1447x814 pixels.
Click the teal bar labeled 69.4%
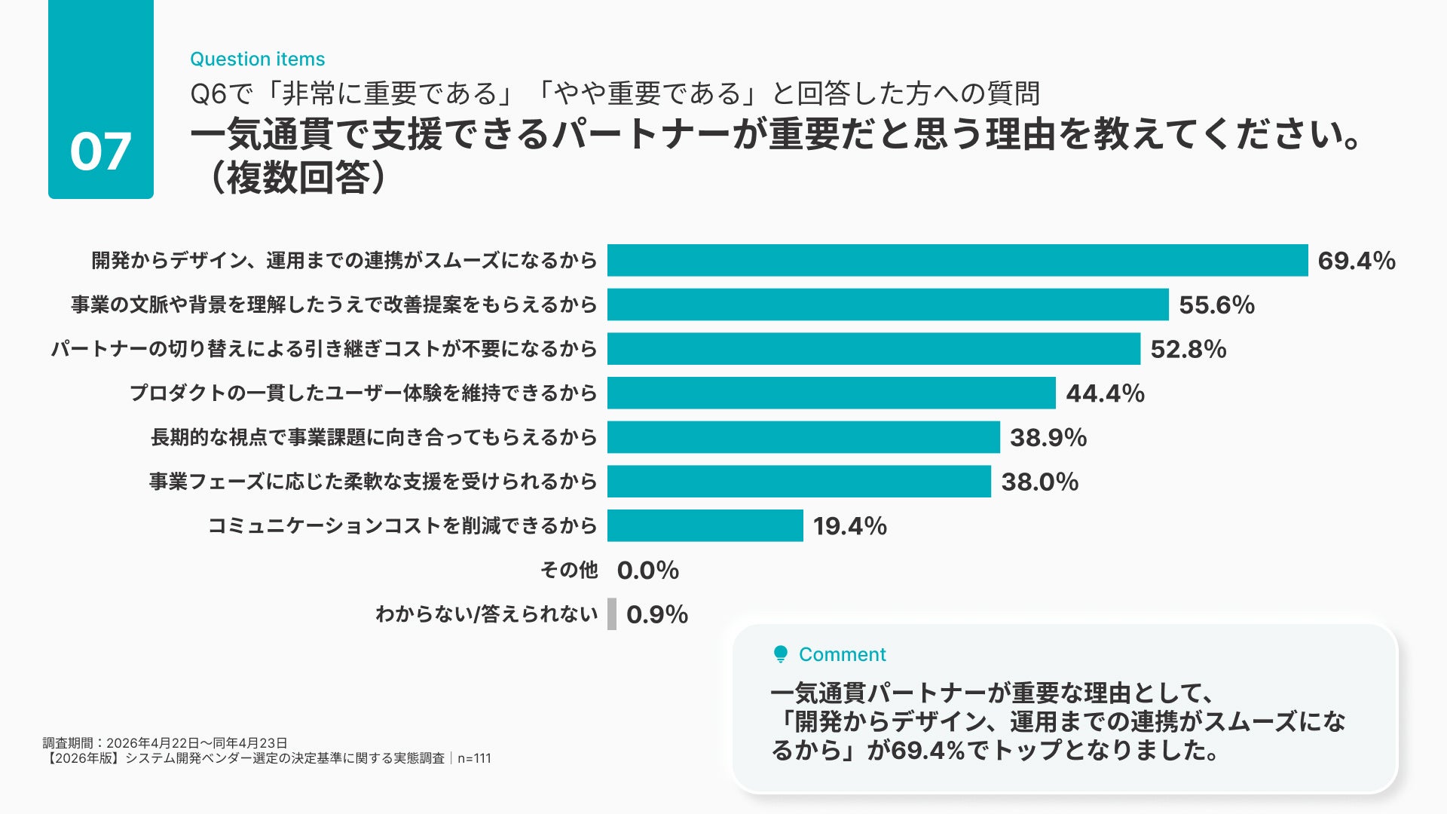pyautogui.click(x=957, y=260)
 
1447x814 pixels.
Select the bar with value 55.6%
pyautogui.click(x=888, y=304)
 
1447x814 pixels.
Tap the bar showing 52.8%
pyautogui.click(x=873, y=349)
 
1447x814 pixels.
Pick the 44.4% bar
pyautogui.click(x=831, y=393)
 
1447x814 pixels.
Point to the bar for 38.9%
pyautogui.click(x=803, y=437)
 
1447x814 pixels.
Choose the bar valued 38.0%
pyautogui.click(x=799, y=482)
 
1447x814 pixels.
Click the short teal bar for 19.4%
pyautogui.click(x=705, y=525)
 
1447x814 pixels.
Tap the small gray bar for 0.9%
pyautogui.click(x=612, y=614)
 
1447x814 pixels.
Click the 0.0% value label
pyautogui.click(x=648, y=571)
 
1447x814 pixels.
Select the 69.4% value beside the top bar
pyautogui.click(x=1357, y=261)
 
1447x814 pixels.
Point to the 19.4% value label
pyautogui.click(x=850, y=526)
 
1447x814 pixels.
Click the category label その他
pyautogui.click(x=569, y=570)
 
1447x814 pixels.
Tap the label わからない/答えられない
pyautogui.click(x=487, y=614)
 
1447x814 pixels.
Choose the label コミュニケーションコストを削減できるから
pyautogui.click(x=402, y=525)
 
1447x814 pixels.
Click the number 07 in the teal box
pyautogui.click(x=100, y=151)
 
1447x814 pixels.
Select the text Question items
pyautogui.click(x=258, y=59)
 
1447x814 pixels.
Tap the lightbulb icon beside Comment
pyautogui.click(x=781, y=654)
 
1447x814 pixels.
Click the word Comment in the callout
pyautogui.click(x=843, y=654)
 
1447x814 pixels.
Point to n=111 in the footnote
pyautogui.click(x=474, y=758)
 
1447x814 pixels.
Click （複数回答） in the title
pyautogui.click(x=298, y=178)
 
